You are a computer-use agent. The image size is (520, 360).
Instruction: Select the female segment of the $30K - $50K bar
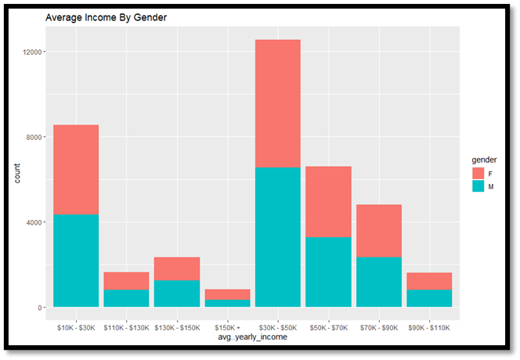[x=277, y=103]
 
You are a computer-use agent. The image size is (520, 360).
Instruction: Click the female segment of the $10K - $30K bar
[x=75, y=169]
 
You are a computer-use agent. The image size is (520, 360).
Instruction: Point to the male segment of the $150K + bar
[x=227, y=303]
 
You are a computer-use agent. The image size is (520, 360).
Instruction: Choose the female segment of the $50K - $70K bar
[x=328, y=201]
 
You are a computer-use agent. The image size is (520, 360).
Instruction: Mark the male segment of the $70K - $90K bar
[x=379, y=282]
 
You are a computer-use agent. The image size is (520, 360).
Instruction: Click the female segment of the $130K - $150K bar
[x=176, y=268]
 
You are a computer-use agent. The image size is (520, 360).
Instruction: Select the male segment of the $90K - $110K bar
[x=429, y=298]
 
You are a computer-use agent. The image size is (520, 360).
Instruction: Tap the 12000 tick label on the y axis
[x=34, y=52]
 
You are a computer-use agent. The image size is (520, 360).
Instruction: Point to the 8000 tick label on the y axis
[x=35, y=137]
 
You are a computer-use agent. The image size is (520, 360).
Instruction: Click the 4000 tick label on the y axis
[x=35, y=222]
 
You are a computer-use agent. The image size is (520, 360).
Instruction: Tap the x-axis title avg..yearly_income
[x=252, y=337]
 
